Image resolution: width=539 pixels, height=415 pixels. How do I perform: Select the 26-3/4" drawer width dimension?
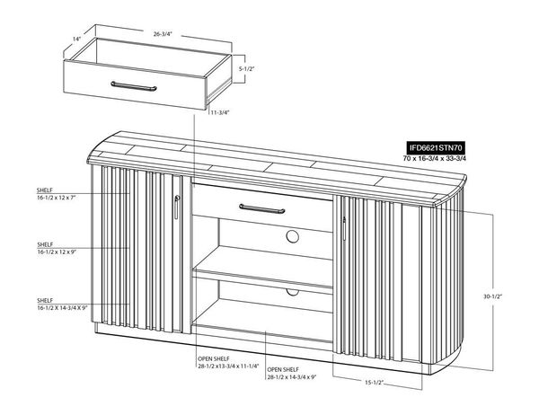163,34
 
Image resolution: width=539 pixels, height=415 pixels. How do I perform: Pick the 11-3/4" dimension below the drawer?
220,113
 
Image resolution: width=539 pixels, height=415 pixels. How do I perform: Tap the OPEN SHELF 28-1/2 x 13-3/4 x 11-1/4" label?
228,362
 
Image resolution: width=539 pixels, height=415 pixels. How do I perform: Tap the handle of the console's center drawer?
264,208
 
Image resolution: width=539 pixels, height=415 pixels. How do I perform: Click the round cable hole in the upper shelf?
293,237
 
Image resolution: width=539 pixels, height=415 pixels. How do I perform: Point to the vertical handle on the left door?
177,205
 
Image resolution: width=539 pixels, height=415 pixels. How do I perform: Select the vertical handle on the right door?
343,228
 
